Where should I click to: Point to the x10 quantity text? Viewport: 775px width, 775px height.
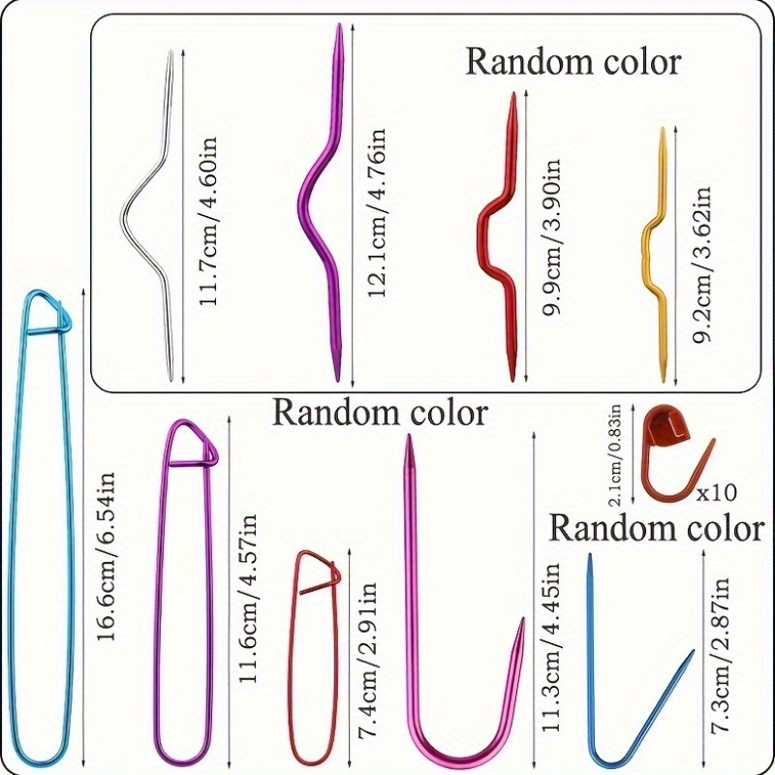pos(716,492)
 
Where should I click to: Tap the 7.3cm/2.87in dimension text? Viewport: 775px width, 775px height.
pos(722,659)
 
